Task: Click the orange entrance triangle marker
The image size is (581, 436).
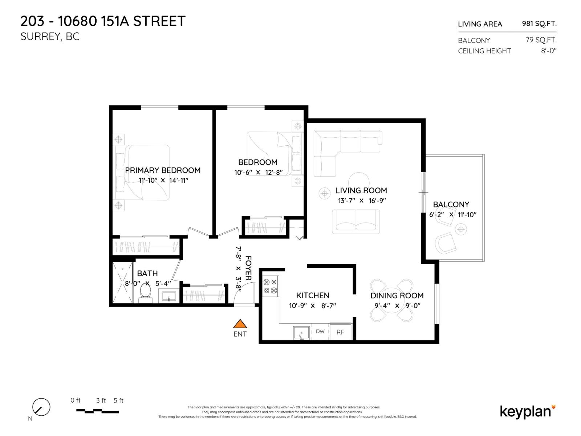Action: point(240,324)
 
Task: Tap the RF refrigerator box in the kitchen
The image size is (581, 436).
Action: point(340,332)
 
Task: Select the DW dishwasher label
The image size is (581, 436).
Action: point(320,331)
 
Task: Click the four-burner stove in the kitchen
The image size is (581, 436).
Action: point(270,286)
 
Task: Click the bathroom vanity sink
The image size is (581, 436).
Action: point(169,296)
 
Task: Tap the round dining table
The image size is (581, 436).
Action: point(392,300)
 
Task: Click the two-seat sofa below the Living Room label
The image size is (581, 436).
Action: point(356,221)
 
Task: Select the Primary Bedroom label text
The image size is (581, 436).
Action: point(163,170)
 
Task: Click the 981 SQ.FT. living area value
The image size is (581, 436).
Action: point(539,24)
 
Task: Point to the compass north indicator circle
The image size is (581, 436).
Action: point(41,407)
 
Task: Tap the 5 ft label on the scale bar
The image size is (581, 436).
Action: point(118,401)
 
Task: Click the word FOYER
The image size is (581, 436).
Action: point(248,268)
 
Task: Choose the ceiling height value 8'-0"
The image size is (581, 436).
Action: point(548,51)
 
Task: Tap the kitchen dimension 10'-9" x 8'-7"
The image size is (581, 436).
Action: point(312,306)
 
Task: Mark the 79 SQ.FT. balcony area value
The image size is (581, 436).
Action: point(541,40)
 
